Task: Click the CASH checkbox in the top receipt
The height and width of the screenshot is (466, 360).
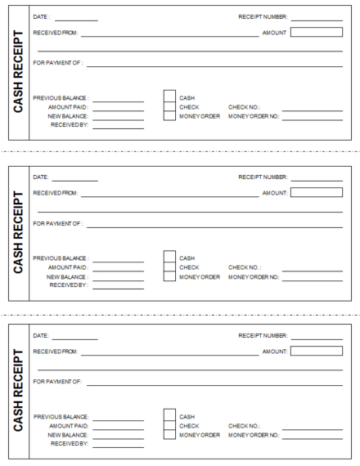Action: (170, 97)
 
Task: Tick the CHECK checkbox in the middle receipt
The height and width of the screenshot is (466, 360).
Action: (170, 267)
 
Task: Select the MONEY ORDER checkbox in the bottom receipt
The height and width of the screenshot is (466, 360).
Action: (170, 436)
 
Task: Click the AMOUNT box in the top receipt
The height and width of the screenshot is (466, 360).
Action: (317, 33)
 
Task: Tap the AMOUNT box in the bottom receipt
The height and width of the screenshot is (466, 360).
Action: (317, 352)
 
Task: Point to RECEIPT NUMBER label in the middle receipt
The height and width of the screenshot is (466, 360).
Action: (263, 177)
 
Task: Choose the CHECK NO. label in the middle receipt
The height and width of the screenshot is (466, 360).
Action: (245, 267)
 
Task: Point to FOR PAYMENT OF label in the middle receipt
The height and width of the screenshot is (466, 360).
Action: (57, 222)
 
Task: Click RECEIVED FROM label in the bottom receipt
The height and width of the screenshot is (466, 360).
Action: (55, 352)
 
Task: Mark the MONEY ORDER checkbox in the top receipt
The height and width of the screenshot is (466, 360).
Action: (170, 115)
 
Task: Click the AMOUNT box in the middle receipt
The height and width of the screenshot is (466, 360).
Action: (317, 192)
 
